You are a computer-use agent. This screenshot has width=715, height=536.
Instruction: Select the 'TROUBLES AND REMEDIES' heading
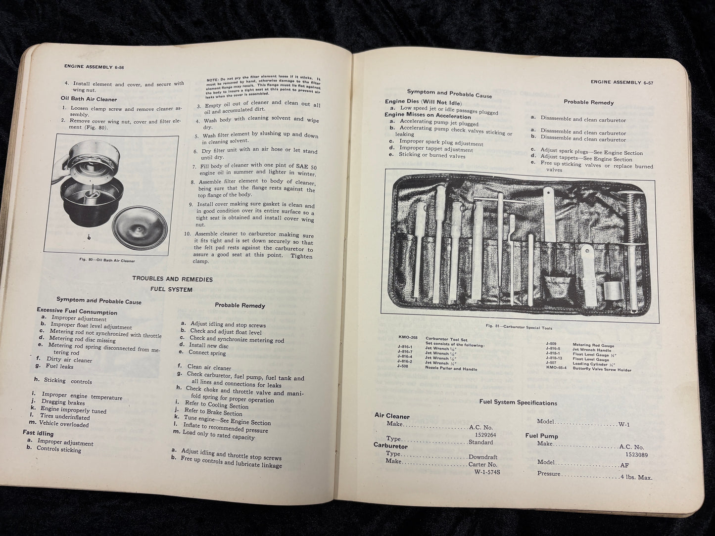pyautogui.click(x=172, y=279)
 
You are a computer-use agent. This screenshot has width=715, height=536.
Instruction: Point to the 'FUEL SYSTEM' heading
pyautogui.click(x=172, y=289)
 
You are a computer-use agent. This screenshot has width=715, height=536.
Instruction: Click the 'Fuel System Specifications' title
pyautogui.click(x=518, y=402)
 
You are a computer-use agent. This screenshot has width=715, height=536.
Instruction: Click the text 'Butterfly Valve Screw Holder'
pyautogui.click(x=602, y=369)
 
